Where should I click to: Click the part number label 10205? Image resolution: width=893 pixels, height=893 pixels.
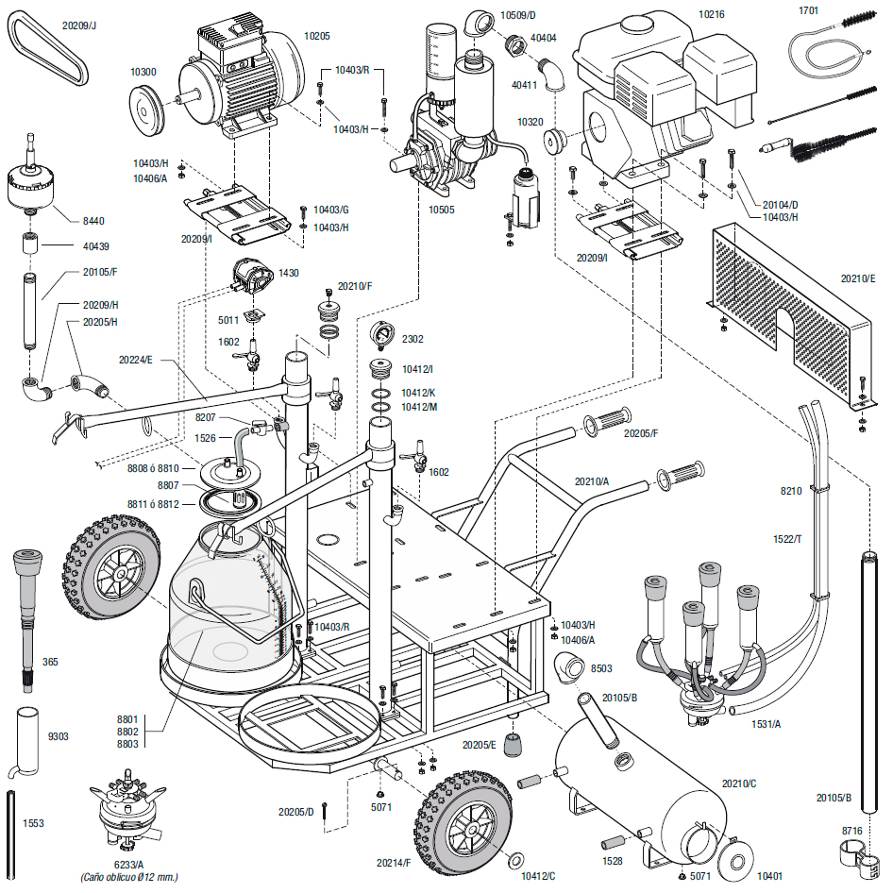pos(316,35)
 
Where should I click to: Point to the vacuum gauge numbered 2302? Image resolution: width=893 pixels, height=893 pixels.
pos(383,337)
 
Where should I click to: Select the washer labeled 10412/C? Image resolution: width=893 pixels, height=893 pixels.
pos(516,861)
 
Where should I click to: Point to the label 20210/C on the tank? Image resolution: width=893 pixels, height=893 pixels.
pos(739,783)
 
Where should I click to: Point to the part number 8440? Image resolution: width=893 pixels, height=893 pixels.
pos(93,221)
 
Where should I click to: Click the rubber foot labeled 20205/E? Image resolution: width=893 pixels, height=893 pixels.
pos(515,747)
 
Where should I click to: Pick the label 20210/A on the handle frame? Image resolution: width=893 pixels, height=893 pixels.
pos(592,481)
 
